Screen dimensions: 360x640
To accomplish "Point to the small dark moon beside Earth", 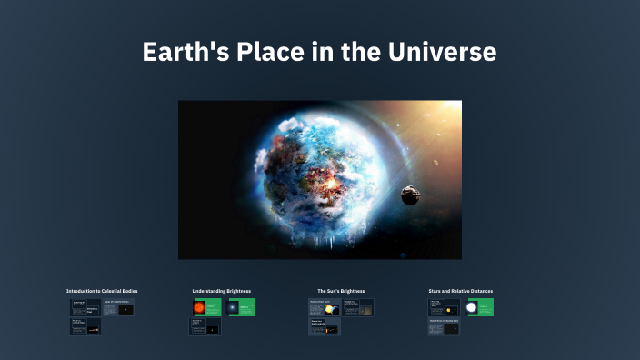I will coord(410,194).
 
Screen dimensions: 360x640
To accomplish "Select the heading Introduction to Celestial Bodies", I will coord(102,291).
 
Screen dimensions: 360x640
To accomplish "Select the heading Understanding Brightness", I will coord(221,291).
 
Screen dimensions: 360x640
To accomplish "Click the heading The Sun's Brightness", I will coord(341,291).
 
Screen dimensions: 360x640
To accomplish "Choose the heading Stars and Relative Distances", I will coord(460,291).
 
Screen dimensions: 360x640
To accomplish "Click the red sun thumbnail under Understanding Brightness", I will coord(199,308).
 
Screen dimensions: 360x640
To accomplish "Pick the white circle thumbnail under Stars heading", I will coord(472,308).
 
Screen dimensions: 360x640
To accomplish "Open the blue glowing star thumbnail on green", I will coord(234,308).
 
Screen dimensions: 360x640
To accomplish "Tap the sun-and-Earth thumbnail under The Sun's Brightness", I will coord(328,309).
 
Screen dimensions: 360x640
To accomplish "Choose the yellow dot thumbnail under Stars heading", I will coord(448,310).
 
